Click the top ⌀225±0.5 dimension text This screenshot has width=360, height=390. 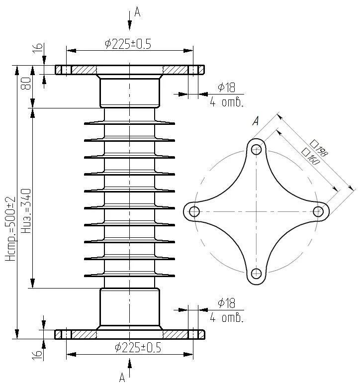click(x=128, y=44)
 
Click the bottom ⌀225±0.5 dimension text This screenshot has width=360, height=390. click(x=138, y=347)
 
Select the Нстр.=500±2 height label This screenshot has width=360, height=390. click(x=11, y=229)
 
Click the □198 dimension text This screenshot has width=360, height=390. click(x=319, y=149)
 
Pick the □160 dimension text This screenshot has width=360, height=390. click(x=310, y=157)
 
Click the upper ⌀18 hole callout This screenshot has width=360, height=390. click(x=226, y=88)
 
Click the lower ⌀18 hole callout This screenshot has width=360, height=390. click(x=226, y=303)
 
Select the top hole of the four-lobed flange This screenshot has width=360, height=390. click(x=257, y=150)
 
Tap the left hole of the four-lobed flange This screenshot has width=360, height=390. click(x=194, y=212)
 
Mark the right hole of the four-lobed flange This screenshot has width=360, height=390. click(x=318, y=212)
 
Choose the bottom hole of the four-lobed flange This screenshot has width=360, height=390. click(x=257, y=274)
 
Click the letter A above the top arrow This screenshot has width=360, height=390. click(x=137, y=12)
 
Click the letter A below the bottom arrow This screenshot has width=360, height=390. click(x=122, y=377)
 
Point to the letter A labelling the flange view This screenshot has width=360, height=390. click(x=256, y=121)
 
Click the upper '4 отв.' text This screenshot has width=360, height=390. click(x=227, y=102)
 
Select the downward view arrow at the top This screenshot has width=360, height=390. click(x=129, y=20)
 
